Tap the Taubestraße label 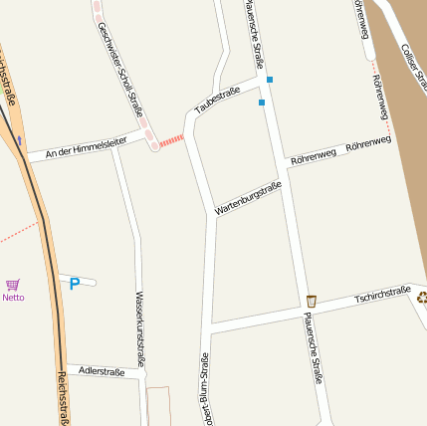pyautogui.click(x=217, y=99)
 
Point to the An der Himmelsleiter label pyautogui.click(x=86, y=147)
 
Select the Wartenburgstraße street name pyautogui.click(x=248, y=198)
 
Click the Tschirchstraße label pyautogui.click(x=382, y=295)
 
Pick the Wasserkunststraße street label pyautogui.click(x=139, y=329)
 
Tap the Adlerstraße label pyautogui.click(x=102, y=371)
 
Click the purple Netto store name pyautogui.click(x=13, y=298)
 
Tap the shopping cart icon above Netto pyautogui.click(x=13, y=285)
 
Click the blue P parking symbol pyautogui.click(x=74, y=285)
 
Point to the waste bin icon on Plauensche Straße pyautogui.click(x=311, y=301)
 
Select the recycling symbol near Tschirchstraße pyautogui.click(x=422, y=296)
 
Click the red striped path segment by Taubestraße pyautogui.click(x=172, y=140)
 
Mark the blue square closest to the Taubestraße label pyautogui.click(x=262, y=102)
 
